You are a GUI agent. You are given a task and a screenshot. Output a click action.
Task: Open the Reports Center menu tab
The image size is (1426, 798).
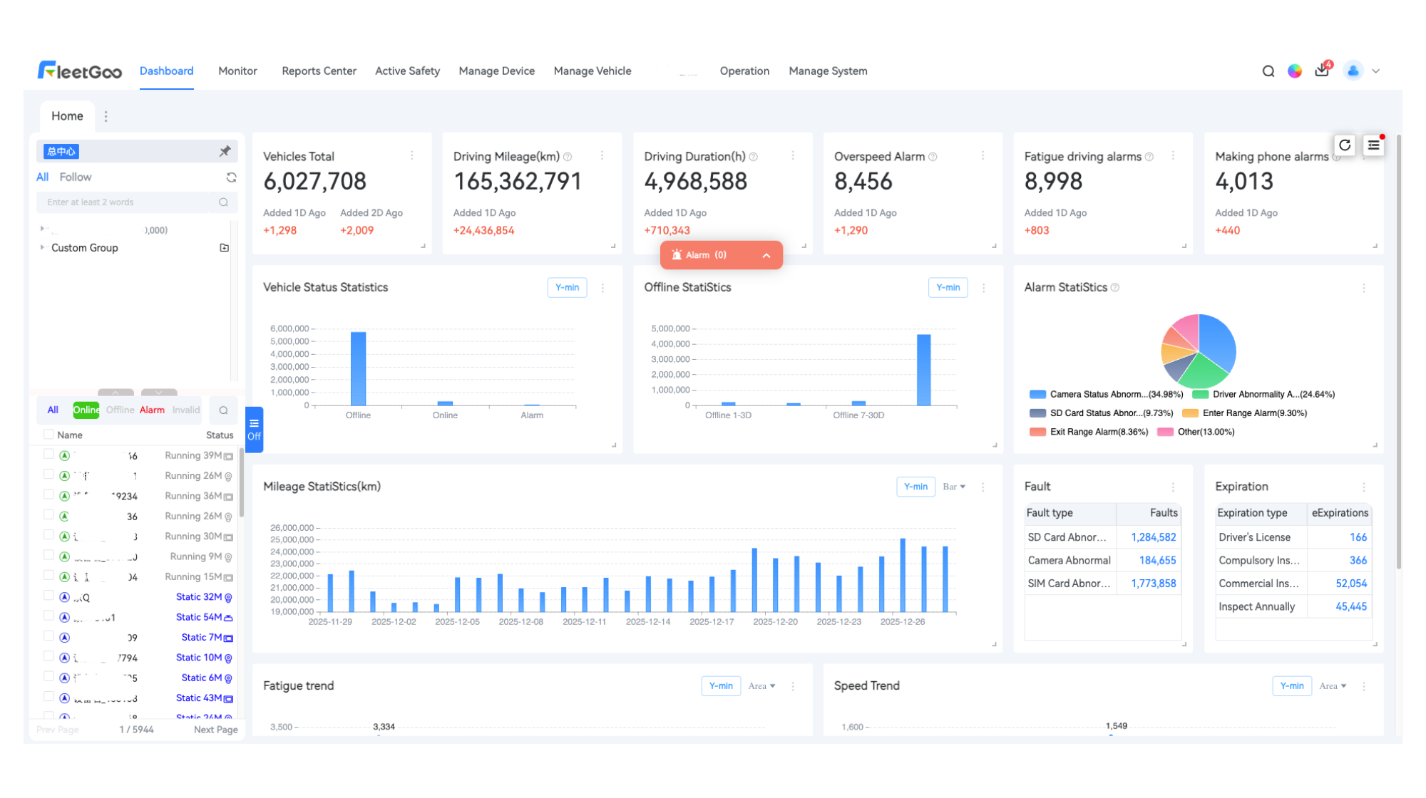tap(319, 71)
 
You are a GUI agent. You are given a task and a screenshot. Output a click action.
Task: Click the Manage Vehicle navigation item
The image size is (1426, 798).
tap(592, 71)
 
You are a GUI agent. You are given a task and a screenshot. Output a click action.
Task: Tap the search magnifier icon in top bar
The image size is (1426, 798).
tap(1268, 71)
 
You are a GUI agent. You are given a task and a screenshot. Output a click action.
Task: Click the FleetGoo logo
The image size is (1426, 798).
tap(80, 71)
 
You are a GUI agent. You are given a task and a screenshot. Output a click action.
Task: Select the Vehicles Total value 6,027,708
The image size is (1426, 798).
tap(314, 182)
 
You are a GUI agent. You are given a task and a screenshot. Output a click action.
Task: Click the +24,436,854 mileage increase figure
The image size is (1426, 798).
tap(483, 230)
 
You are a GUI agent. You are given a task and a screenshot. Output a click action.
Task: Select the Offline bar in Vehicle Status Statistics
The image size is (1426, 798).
tap(358, 368)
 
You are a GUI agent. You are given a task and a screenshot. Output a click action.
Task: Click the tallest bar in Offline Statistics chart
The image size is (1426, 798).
tap(923, 370)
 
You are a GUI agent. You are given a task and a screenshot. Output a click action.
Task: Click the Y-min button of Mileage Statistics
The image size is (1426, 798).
tap(915, 487)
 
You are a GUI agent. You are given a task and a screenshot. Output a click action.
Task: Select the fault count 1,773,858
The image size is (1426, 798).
tap(1153, 584)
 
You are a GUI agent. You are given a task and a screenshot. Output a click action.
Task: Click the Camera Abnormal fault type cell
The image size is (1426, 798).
tap(1069, 561)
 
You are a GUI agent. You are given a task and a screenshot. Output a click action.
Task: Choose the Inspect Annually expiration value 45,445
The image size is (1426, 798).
tap(1350, 607)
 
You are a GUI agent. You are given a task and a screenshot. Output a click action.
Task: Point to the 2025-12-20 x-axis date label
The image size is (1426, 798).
tap(775, 622)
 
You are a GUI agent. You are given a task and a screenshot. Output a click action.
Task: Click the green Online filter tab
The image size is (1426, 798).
tap(86, 410)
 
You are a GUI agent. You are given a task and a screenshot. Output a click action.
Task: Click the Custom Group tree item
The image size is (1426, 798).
tap(84, 248)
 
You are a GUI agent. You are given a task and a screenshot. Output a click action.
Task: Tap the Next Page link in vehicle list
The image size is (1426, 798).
tap(215, 730)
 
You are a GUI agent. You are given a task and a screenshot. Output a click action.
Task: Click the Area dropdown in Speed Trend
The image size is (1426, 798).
tap(1332, 686)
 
